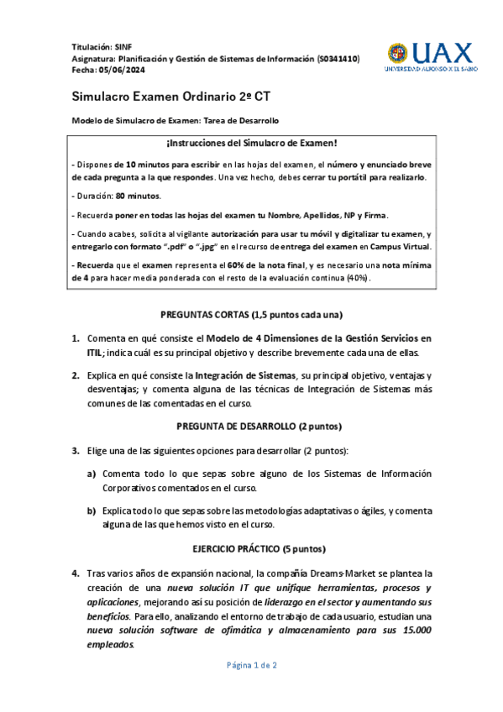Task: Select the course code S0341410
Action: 339,59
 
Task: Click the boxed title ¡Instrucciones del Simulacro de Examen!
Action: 251,144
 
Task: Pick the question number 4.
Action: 76,573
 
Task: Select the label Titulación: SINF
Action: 97,46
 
